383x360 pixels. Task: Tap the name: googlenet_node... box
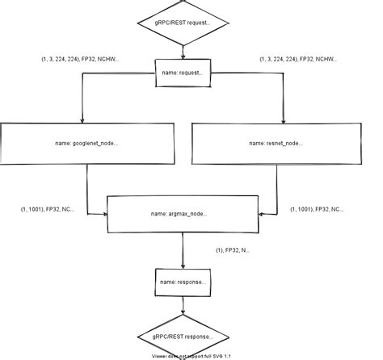pos(88,143)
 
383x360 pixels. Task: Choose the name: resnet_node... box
pos(276,143)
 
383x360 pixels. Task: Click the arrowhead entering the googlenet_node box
pos(83,119)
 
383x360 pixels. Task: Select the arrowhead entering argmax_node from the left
pos(104,214)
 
